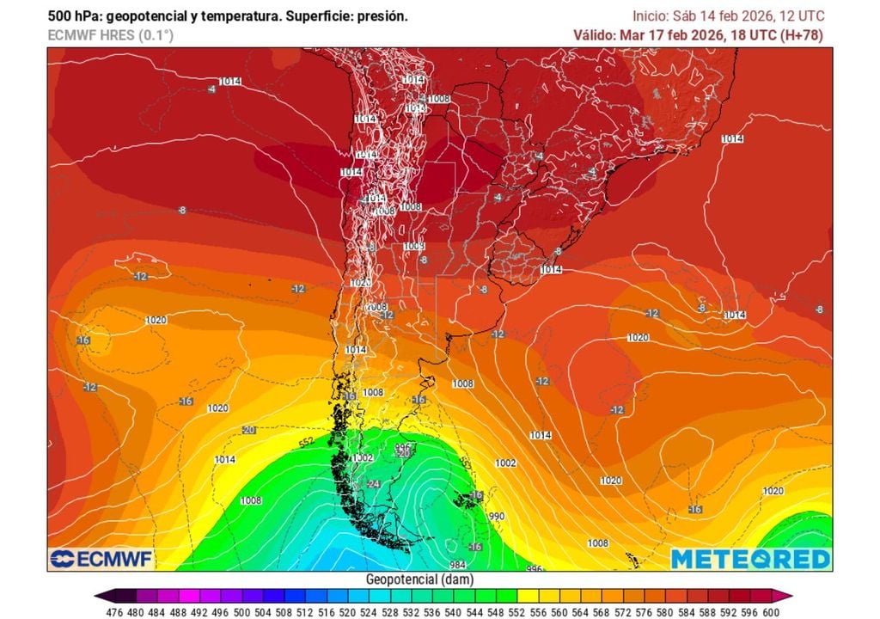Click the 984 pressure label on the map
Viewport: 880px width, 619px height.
click(456, 565)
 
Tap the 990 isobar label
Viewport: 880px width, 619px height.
click(496, 517)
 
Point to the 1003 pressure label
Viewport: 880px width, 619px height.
click(413, 247)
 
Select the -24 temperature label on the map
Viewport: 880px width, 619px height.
click(373, 484)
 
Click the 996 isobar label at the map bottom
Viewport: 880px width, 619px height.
click(535, 568)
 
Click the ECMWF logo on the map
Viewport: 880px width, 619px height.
click(101, 559)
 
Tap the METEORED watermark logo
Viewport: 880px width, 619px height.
click(750, 559)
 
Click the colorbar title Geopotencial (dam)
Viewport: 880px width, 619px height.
click(419, 579)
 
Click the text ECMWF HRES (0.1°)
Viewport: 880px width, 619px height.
click(110, 35)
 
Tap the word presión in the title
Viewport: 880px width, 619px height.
click(380, 16)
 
